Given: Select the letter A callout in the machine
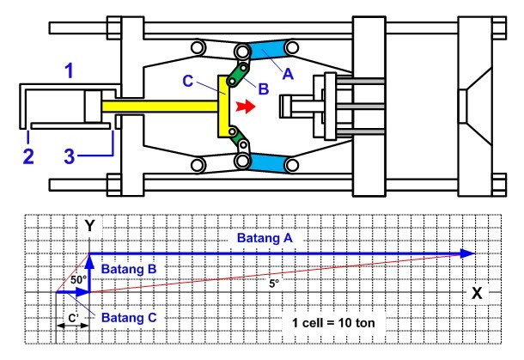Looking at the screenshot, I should (x=288, y=74).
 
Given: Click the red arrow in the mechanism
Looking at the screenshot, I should (x=246, y=108).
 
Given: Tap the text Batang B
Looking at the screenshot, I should (x=130, y=270).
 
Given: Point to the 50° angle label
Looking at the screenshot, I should (x=78, y=280).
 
